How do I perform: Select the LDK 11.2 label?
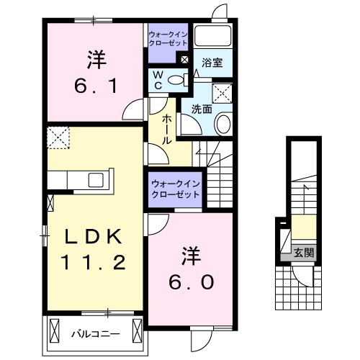click(88, 249)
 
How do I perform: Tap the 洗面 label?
click(201, 109)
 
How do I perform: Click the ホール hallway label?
click(167, 128)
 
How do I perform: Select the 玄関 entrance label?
click(303, 253)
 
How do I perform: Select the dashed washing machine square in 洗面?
click(221, 91)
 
